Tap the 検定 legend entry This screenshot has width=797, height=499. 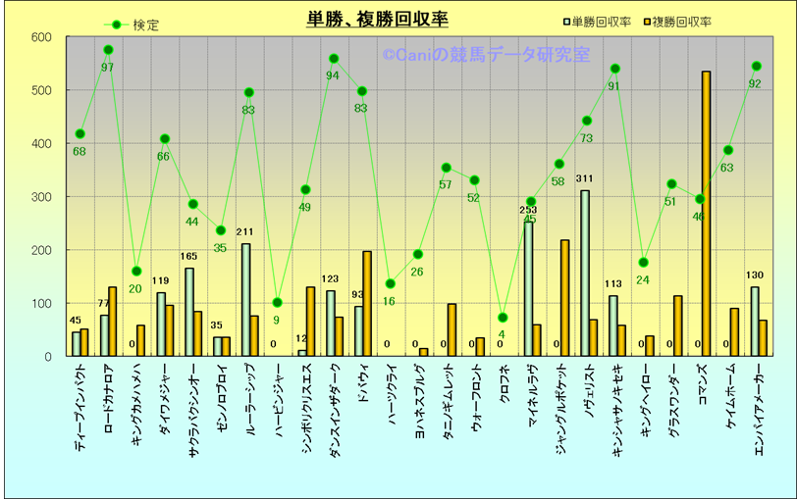[x=133, y=25]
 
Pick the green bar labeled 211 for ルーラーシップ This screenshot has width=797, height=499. [x=245, y=299]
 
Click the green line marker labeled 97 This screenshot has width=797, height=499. [x=108, y=50]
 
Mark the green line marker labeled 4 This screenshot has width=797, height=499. [x=503, y=318]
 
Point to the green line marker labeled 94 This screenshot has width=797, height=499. [x=334, y=59]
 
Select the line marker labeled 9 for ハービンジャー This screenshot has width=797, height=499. [x=278, y=303]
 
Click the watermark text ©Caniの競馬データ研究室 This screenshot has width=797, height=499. [x=486, y=56]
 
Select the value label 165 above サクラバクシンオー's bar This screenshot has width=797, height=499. [x=188, y=257]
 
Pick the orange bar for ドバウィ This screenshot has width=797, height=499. [x=367, y=304]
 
